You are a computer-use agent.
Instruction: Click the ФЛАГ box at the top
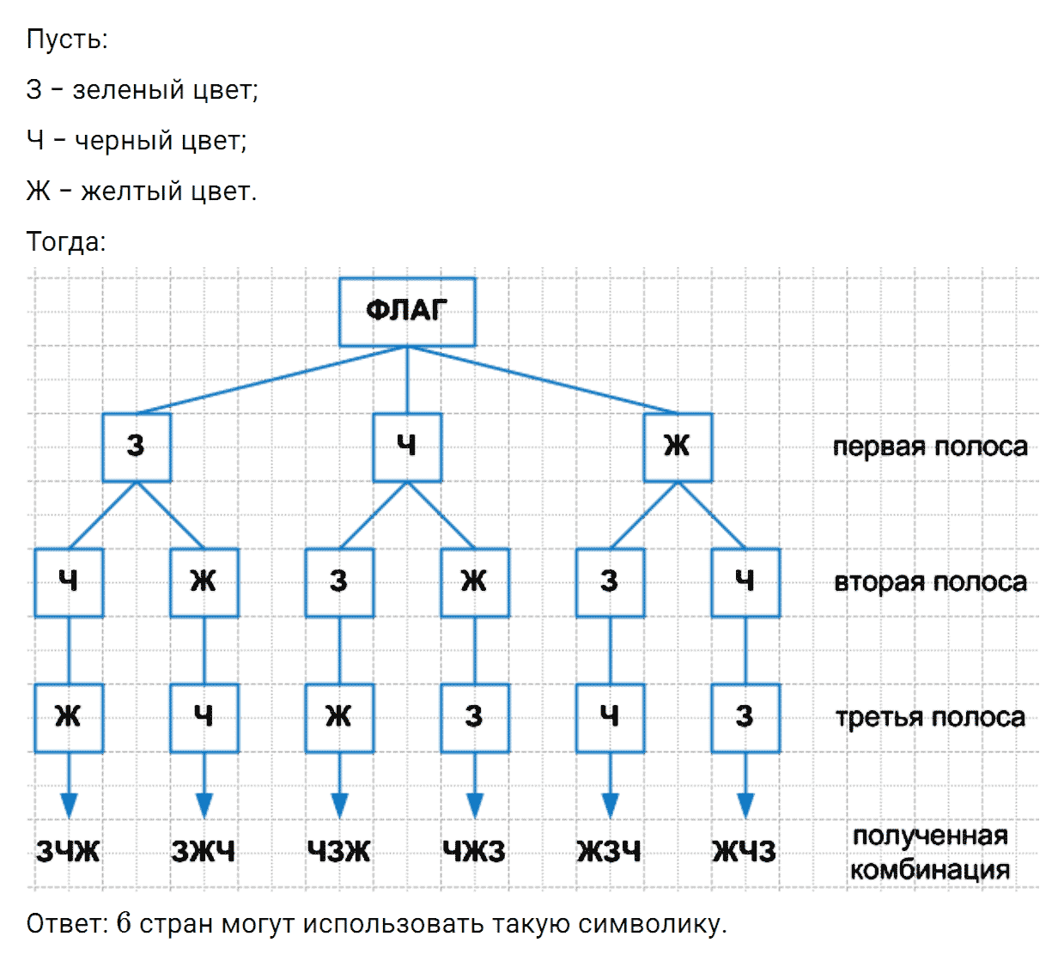click(407, 312)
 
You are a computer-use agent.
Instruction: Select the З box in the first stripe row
click(137, 447)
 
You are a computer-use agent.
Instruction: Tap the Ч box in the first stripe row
click(407, 447)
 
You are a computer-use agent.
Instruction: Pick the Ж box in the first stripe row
click(678, 447)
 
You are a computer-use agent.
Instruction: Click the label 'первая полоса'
click(930, 447)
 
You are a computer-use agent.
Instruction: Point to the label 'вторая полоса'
click(930, 582)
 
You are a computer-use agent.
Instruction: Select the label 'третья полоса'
click(930, 717)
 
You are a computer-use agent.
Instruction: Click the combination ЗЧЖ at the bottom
click(68, 851)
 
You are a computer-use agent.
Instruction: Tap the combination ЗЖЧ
click(204, 851)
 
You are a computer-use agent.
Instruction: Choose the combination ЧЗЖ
click(339, 851)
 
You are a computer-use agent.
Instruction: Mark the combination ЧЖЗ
click(474, 851)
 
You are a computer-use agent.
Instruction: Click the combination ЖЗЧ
click(610, 851)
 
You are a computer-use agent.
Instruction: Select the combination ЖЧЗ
click(745, 851)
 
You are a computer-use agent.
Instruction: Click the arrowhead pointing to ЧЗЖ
click(339, 806)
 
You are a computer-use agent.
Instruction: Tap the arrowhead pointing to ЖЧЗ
click(745, 806)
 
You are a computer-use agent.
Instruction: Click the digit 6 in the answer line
click(124, 922)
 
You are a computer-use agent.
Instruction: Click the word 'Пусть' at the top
click(67, 40)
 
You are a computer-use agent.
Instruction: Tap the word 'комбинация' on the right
click(930, 870)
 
